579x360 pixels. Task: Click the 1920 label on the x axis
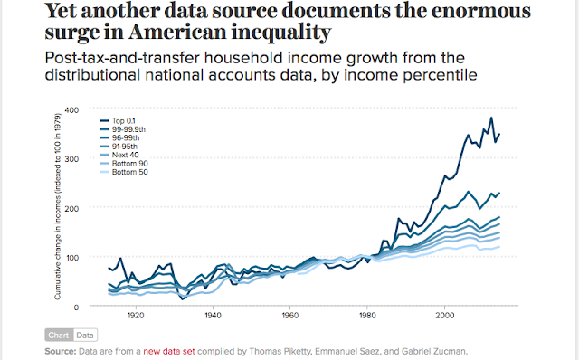137,316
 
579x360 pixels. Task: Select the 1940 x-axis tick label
214,316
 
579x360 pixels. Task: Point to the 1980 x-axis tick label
367,316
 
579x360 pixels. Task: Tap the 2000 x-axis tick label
444,316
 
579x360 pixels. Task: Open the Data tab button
83,335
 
